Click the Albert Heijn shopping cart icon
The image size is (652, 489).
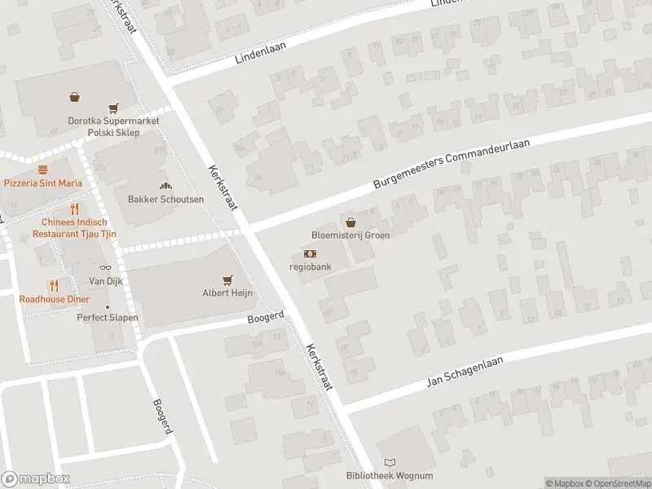coord(227,280)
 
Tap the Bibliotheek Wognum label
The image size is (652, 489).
coord(390,476)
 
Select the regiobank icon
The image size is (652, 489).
coord(309,254)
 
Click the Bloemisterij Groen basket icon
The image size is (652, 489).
coord(350,222)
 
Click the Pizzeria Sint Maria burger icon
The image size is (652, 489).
coord(42,170)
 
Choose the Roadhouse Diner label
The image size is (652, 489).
coord(54,298)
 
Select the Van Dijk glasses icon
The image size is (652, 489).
coord(104,268)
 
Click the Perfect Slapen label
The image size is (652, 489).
coord(108,318)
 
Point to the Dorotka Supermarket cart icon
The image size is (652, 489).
coord(113,108)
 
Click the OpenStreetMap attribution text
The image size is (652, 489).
coord(618,483)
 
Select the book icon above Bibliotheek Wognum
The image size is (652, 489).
coord(390,462)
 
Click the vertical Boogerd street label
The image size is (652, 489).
coord(162,416)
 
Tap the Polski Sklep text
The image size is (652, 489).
coord(114,132)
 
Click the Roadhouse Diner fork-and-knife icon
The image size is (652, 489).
coord(54,285)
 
